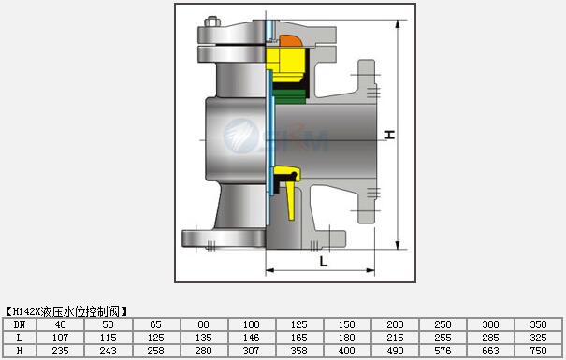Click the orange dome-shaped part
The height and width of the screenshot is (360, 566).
290,41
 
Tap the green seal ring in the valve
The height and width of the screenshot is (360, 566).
289,96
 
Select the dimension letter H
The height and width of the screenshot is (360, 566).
389,135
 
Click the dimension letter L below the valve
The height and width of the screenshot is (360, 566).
324,261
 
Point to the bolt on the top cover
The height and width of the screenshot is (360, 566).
212,22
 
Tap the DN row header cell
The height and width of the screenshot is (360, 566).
20,324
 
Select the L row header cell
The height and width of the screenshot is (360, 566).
20,338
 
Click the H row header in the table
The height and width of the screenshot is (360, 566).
20,351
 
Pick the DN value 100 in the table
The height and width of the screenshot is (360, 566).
252,324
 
